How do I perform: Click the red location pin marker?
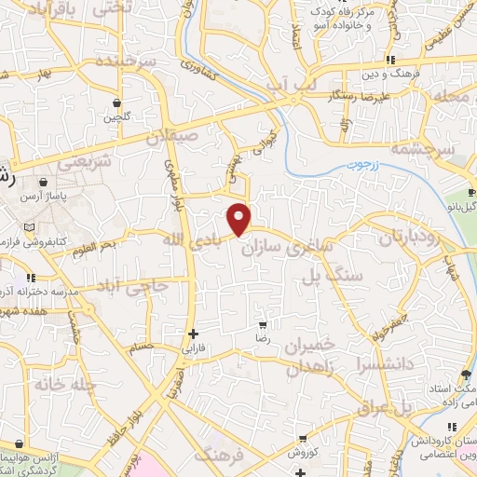pos(239,219)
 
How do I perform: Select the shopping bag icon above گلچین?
pos(116,102)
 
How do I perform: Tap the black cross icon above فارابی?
pos(193,334)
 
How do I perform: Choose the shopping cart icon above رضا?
pos(264,325)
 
